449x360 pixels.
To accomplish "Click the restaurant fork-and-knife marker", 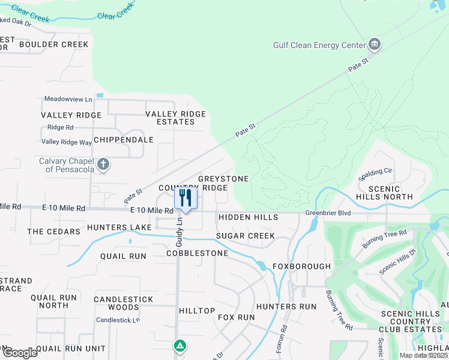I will (185, 198).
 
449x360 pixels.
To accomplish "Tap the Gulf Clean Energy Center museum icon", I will (375, 44).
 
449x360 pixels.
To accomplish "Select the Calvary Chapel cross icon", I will (103, 164).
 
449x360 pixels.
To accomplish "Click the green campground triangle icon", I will (179, 346).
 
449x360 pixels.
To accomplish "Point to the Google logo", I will (19, 353).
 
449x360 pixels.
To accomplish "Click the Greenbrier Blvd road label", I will (327, 212).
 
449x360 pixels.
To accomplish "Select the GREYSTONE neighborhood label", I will (223, 179).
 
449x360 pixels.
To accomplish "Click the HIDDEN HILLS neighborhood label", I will (248, 217).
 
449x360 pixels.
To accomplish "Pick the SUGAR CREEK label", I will (245, 236).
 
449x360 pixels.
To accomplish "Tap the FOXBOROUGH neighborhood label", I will (301, 266).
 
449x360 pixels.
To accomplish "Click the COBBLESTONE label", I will (197, 253).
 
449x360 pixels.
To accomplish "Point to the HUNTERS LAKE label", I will (119, 227).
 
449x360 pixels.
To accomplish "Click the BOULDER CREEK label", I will (53, 44).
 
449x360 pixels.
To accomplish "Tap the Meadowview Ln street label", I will (68, 98).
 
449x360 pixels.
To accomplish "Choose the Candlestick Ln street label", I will (118, 320).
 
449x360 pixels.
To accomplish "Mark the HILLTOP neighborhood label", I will (197, 310).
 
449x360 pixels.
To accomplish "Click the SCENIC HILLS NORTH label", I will (385, 193).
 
